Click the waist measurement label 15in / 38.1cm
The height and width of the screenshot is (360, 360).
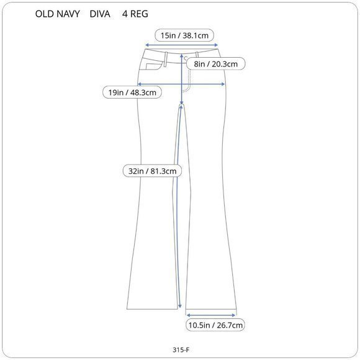pos(184,35)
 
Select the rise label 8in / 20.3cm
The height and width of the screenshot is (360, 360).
pos(215,64)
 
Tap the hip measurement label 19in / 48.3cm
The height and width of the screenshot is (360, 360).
pos(132,92)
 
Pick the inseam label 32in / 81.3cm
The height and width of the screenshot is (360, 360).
pos(152,171)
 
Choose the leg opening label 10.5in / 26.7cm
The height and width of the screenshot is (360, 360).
pos(215,325)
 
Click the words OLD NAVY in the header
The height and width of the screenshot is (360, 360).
pos(57,14)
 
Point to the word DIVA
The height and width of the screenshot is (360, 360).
pos(100,14)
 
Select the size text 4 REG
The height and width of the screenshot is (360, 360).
pos(135,14)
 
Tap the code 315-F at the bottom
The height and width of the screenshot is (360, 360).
pos(181,349)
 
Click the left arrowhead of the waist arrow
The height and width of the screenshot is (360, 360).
pos(147,45)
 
